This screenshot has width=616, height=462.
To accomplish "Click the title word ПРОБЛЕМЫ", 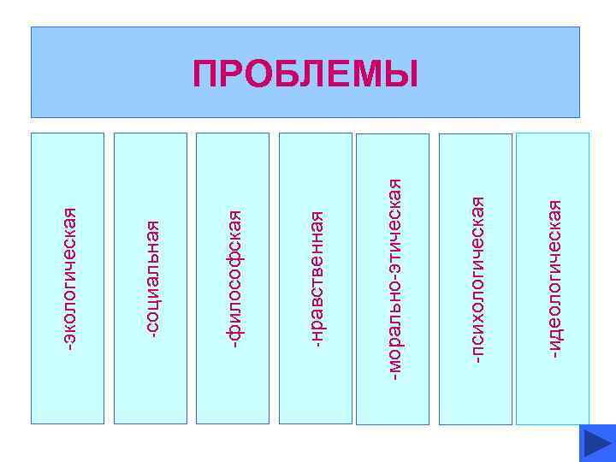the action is point(305,74).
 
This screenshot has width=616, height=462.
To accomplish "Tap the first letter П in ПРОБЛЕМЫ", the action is point(206,74).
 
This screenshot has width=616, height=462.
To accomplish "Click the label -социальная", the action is point(151,278).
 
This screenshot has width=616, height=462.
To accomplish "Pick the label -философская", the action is point(234,278).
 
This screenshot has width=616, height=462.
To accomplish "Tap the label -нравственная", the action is point(316,278).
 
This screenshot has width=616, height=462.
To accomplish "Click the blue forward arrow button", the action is point(596,443).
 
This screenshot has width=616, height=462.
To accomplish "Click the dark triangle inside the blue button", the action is point(595,444).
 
